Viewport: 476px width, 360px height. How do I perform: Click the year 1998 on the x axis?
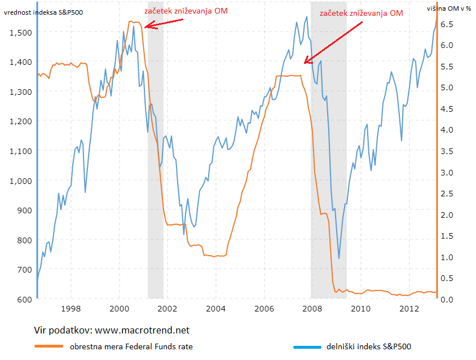(70, 309)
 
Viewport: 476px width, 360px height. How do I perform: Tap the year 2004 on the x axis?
(216, 309)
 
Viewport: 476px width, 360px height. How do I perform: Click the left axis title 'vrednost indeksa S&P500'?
(43, 12)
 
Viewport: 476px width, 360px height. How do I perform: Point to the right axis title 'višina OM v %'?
(448, 8)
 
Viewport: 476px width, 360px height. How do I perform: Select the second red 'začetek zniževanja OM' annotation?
(361, 13)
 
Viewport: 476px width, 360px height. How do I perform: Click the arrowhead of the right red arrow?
(306, 62)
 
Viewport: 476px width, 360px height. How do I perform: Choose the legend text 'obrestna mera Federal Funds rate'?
(131, 346)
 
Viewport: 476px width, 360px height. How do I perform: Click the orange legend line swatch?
(49, 346)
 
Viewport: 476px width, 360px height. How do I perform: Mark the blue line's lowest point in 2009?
(339, 258)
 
